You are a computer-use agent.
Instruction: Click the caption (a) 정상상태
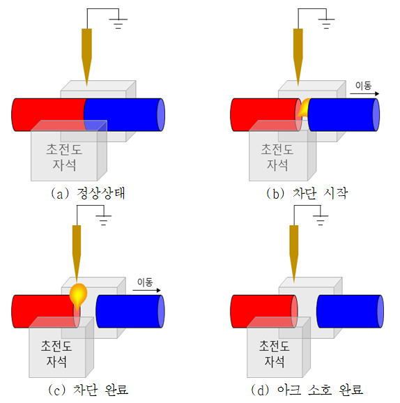point(88,193)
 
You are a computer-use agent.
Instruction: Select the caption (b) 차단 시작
point(307,193)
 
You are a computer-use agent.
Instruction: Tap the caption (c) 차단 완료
point(88,390)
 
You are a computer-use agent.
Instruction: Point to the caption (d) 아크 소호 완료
point(307,390)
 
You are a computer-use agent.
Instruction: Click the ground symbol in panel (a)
point(118,23)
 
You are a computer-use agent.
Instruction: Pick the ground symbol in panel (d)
point(321,220)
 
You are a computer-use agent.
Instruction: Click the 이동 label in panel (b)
point(363,86)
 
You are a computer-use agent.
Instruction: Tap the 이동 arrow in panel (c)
point(147,290)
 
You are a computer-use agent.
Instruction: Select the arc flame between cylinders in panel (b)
point(303,107)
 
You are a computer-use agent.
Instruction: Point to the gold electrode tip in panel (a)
point(86,86)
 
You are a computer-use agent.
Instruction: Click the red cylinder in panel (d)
point(264,311)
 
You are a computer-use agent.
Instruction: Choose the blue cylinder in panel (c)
point(130,311)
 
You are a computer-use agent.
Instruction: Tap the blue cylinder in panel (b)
point(344,114)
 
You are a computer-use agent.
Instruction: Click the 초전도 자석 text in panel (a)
point(64,158)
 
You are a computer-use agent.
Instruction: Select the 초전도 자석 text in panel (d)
point(274,353)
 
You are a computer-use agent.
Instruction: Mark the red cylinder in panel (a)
point(49,114)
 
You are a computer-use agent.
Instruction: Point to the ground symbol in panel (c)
point(104,220)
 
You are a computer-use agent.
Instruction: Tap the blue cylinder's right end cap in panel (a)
point(161,114)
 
